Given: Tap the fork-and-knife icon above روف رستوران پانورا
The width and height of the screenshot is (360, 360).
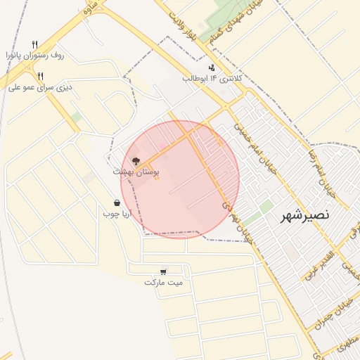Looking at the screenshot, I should click(34, 44).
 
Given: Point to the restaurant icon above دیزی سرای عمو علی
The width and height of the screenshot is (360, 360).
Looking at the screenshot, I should click(41, 76).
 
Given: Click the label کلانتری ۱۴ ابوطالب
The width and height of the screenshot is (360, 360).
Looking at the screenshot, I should click(212, 79).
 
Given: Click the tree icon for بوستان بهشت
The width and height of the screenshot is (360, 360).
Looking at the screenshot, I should click(136, 161).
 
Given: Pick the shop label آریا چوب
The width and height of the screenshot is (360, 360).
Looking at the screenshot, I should click(117, 213).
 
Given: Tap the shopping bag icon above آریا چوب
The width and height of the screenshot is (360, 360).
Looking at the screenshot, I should click(117, 202).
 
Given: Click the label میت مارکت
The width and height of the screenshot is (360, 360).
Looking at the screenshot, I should click(163, 282).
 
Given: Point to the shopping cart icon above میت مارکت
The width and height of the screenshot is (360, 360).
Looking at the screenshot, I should click(163, 271).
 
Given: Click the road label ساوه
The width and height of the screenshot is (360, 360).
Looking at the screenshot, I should click(90, 8).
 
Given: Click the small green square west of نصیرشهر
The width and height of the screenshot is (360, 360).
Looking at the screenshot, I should click(266, 207).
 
